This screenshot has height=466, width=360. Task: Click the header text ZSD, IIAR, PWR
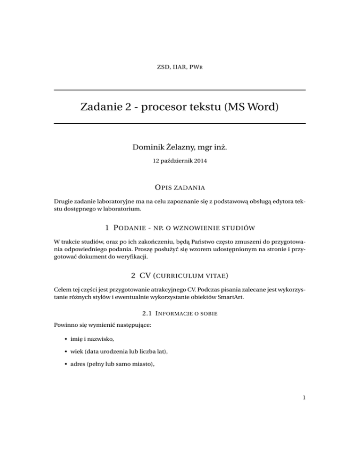[180, 68]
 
